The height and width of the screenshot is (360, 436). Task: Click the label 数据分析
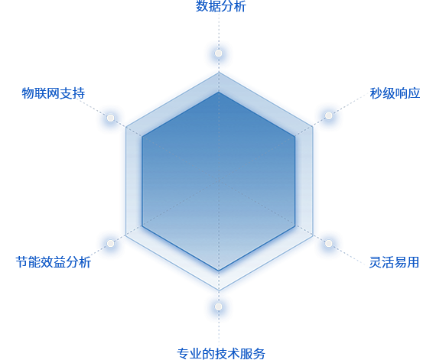tap(221, 6)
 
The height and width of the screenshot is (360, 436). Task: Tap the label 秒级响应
tap(395, 93)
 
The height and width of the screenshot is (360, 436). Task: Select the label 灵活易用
tap(394, 262)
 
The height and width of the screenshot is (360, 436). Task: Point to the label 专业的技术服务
tap(221, 354)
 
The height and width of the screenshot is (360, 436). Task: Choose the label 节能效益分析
tap(54, 262)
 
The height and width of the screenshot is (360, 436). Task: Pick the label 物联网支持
tap(54, 93)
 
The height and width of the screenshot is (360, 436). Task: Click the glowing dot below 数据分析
tap(219, 53)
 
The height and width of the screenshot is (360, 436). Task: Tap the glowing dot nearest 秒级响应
tap(329, 115)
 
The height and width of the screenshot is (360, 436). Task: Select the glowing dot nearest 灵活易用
tap(329, 243)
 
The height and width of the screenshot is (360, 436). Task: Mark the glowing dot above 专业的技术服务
tap(219, 306)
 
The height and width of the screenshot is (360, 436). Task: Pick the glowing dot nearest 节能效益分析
tap(110, 243)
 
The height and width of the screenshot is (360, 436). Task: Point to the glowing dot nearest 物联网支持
tap(110, 118)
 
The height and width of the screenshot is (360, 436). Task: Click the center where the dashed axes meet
tap(219, 180)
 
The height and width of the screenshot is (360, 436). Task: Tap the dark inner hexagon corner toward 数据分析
tap(219, 92)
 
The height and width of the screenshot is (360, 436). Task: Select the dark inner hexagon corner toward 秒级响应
tap(295, 136)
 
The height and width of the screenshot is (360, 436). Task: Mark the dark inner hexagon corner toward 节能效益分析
tap(142, 226)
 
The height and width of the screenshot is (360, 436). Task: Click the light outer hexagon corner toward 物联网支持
tap(125, 127)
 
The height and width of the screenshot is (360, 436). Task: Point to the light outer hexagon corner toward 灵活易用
tap(313, 235)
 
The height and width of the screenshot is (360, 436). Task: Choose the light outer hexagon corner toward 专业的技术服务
tap(219, 290)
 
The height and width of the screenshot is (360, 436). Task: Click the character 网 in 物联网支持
tap(54, 93)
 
